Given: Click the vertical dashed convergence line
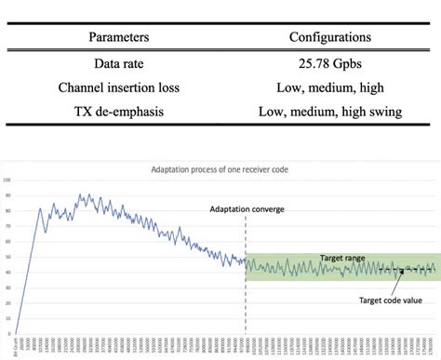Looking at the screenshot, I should [246, 279].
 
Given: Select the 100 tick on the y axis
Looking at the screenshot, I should [7, 180].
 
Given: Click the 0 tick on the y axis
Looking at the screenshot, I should [8, 333].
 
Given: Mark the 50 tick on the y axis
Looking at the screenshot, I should [7, 257].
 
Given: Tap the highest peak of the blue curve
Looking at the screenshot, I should [79, 194].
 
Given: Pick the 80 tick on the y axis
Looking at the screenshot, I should [7, 211].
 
